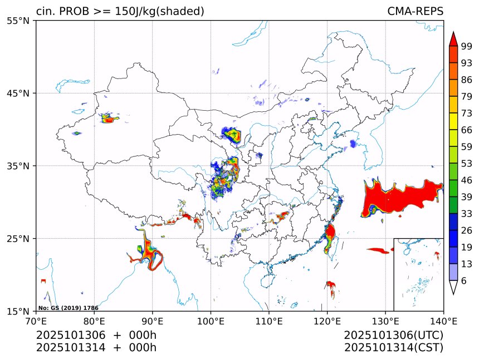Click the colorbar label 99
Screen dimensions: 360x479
point(467,46)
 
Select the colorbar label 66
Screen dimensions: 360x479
point(467,130)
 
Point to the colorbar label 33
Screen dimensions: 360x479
point(467,214)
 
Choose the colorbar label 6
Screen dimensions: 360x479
point(465,281)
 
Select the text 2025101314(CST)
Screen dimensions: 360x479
point(393,348)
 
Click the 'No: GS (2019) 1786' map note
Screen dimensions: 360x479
point(69,308)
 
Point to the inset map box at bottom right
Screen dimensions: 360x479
point(418,274)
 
